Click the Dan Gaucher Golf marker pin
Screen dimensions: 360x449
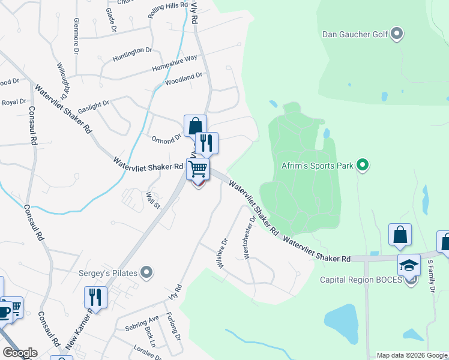(396, 34)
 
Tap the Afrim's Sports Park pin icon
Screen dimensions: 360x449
(362, 164)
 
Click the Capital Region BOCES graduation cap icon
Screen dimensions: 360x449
(409, 265)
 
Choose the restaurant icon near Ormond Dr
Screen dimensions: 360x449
(206, 143)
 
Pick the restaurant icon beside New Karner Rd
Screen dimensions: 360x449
(95, 296)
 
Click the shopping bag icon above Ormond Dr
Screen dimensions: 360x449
(194, 125)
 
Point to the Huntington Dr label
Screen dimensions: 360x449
(132, 54)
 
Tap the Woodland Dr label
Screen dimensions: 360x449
(184, 78)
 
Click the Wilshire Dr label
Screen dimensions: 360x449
(223, 254)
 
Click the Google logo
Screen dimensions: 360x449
(20, 353)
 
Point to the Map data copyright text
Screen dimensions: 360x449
(412, 355)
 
